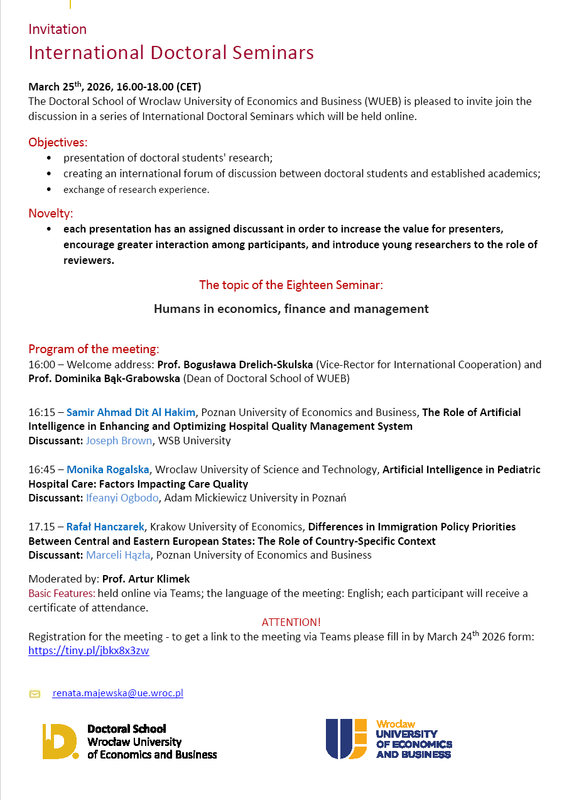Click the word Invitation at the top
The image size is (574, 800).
click(x=57, y=30)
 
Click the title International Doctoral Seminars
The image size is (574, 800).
click(x=171, y=52)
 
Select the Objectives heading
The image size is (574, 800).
click(x=58, y=142)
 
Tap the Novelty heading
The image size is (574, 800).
click(x=51, y=213)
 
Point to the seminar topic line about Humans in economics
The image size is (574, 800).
click(x=291, y=309)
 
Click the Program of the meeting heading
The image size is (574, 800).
click(x=94, y=349)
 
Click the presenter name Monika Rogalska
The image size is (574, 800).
click(x=108, y=469)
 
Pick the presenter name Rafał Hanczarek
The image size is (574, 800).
click(x=106, y=527)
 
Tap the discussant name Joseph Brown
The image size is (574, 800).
click(x=119, y=441)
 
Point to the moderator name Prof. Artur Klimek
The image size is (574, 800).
click(x=146, y=579)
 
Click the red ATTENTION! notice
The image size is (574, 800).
click(x=291, y=622)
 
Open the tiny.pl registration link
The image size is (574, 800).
click(x=89, y=650)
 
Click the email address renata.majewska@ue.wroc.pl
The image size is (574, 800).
click(x=117, y=693)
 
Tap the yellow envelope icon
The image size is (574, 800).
click(x=35, y=694)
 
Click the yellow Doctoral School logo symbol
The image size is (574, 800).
click(x=60, y=741)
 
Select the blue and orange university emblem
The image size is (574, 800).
click(x=346, y=738)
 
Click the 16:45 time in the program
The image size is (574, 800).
click(x=41, y=469)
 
